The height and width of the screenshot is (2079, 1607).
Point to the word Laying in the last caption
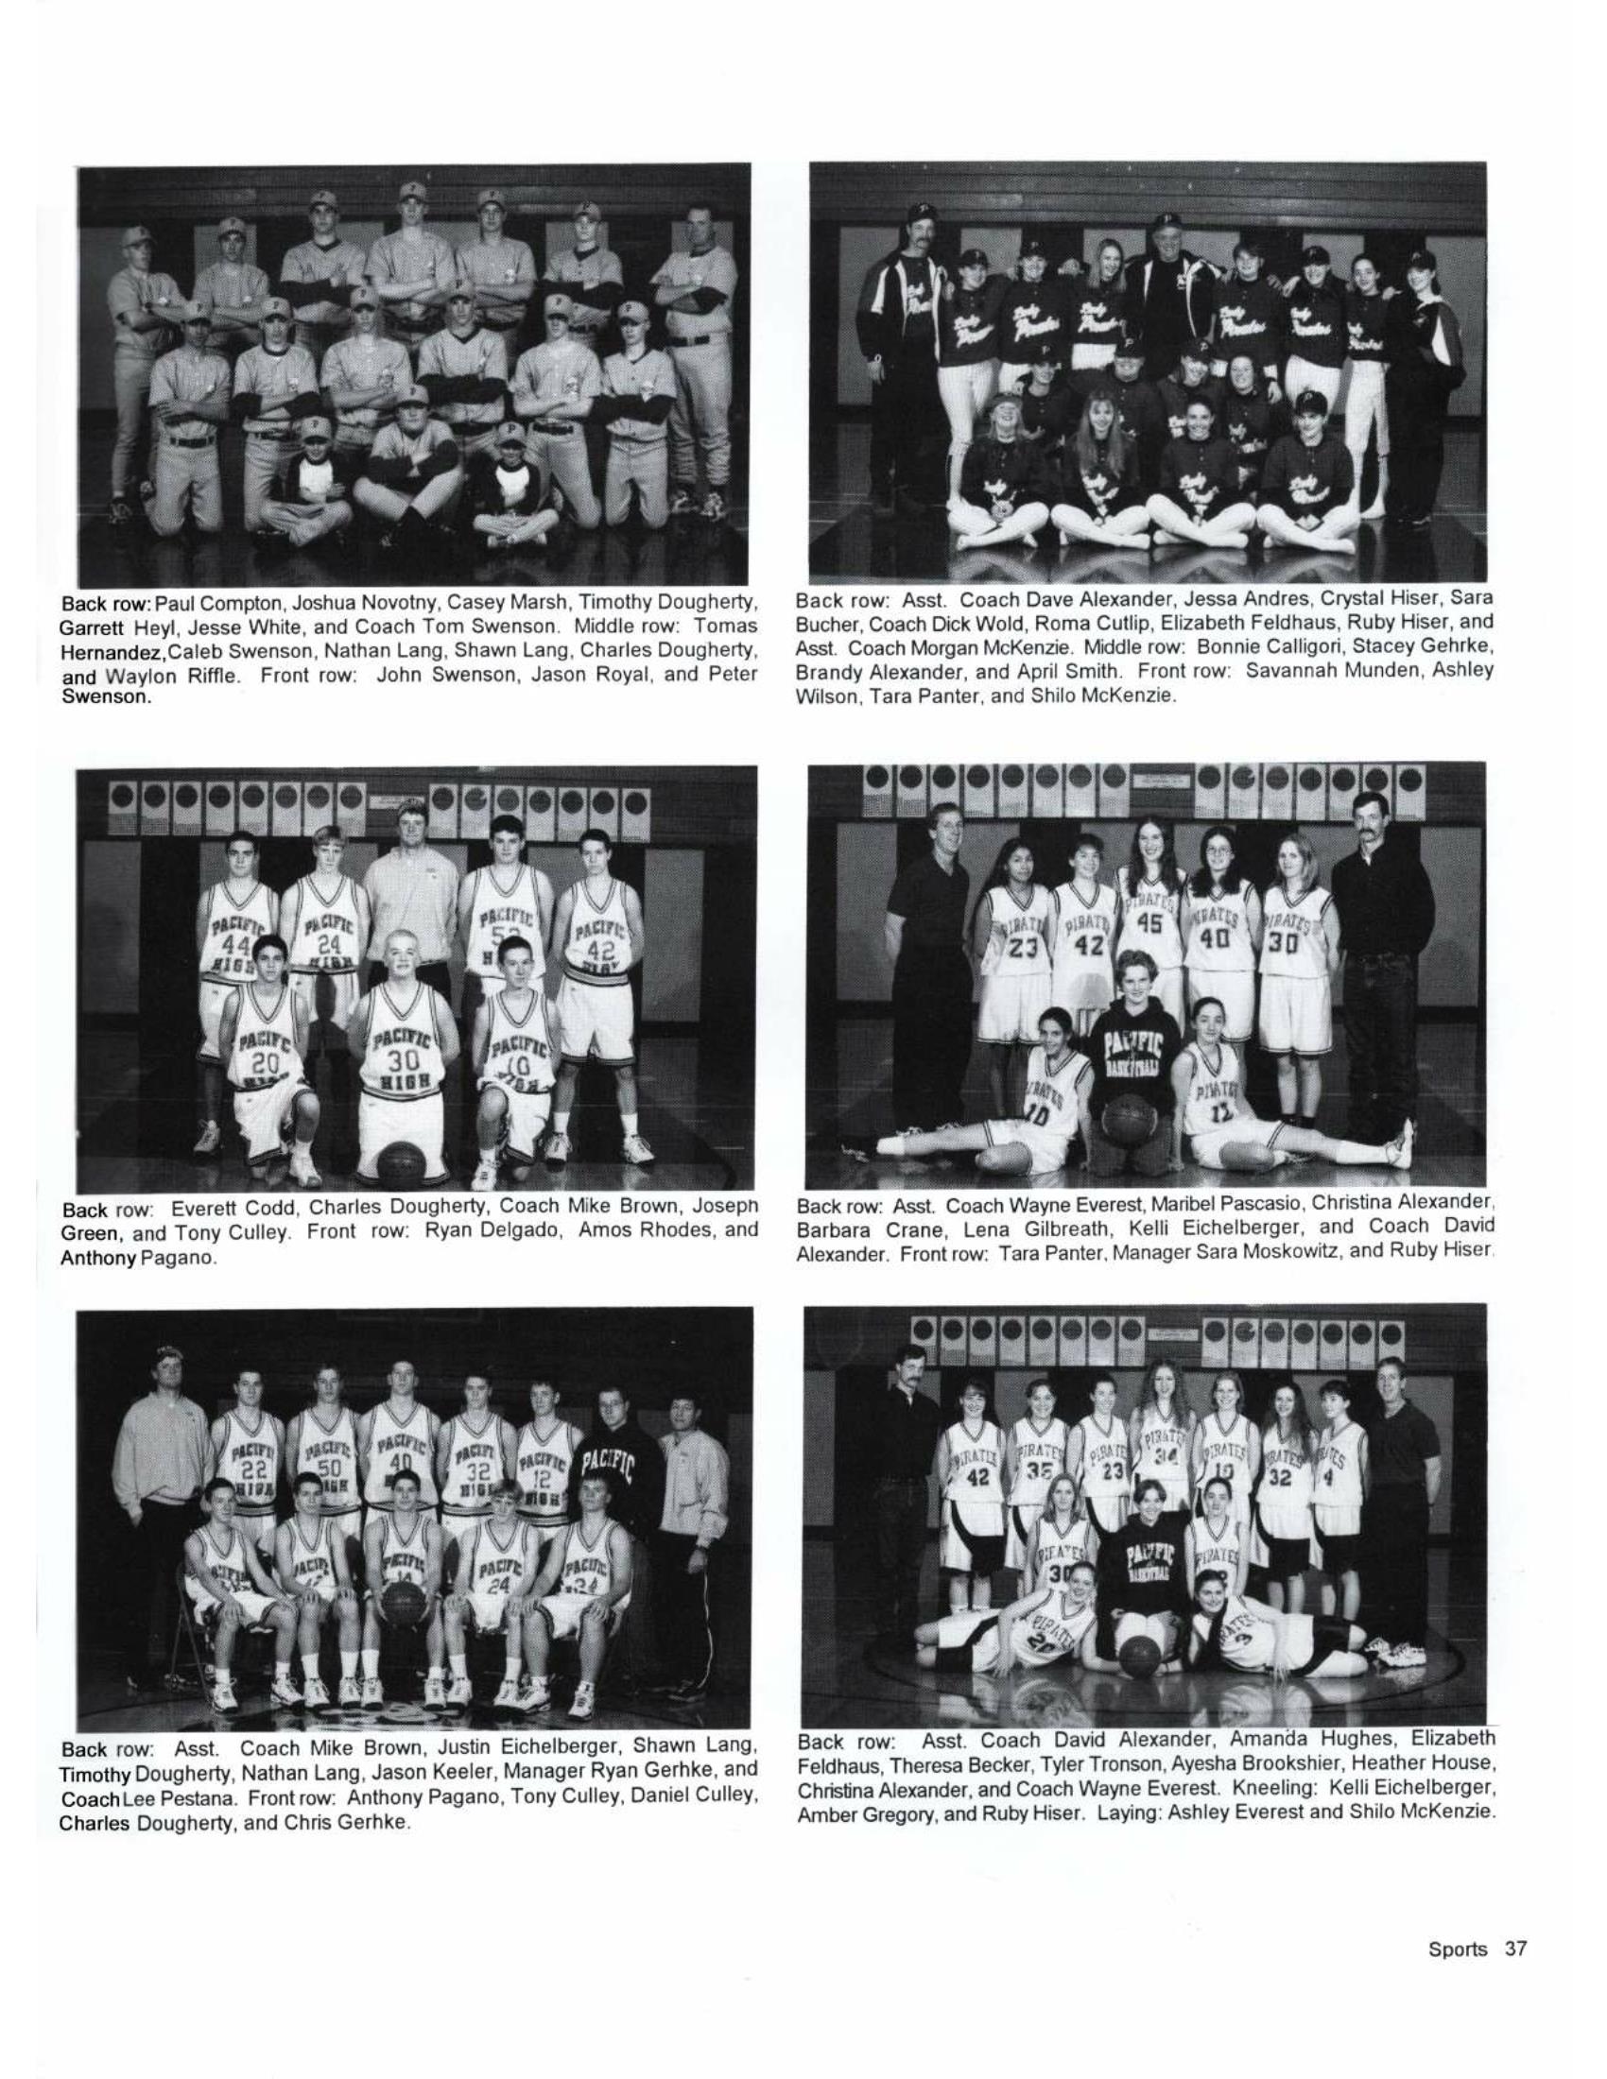[1128, 1812]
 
